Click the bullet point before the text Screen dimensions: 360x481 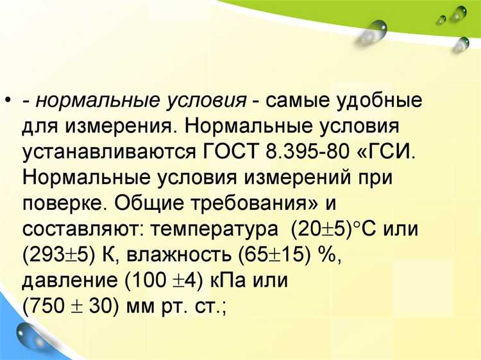[x=8, y=101]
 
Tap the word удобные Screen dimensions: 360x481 [x=378, y=101]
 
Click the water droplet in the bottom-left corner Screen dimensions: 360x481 [x=30, y=334]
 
